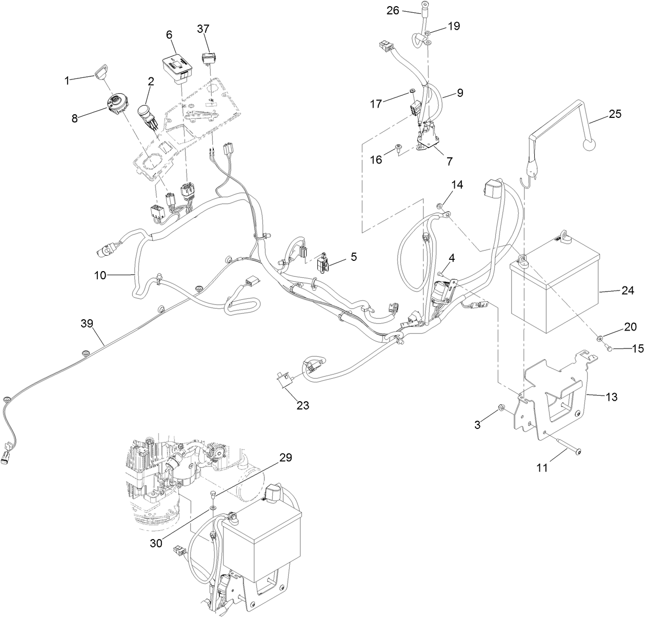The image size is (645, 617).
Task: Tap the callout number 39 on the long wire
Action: [88, 323]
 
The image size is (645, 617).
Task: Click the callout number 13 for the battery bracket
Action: [611, 397]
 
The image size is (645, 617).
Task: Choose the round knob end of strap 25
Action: [591, 144]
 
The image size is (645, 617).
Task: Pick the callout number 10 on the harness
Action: [100, 275]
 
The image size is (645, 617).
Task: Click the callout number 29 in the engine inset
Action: [286, 458]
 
